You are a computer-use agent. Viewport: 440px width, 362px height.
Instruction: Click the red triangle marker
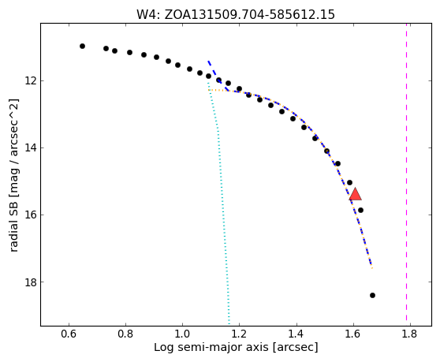[356, 194]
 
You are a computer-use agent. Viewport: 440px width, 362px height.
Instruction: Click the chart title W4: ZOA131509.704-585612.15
[236, 14]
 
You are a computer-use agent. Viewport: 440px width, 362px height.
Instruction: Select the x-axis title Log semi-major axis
[211, 347]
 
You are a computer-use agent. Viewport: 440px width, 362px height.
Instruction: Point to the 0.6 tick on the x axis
[69, 334]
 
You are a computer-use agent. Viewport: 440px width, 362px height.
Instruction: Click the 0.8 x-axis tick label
[125, 334]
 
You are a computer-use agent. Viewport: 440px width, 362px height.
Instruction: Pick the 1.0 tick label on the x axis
[182, 334]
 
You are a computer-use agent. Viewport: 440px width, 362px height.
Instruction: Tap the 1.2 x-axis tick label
[240, 334]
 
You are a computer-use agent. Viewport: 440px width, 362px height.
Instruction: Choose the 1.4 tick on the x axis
[296, 334]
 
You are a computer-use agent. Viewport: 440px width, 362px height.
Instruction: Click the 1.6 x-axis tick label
[353, 334]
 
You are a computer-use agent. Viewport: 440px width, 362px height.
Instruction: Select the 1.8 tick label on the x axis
[410, 334]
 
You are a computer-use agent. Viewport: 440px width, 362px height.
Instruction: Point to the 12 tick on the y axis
[31, 80]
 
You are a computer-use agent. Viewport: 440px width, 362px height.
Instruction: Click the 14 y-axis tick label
[31, 148]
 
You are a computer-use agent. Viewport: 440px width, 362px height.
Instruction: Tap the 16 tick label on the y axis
[31, 215]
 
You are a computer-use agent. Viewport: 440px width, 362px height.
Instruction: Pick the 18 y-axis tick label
[31, 282]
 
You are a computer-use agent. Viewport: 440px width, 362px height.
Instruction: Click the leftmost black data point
[82, 46]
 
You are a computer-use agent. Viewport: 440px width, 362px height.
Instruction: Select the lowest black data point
[372, 295]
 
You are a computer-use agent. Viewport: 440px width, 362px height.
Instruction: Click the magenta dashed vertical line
[406, 174]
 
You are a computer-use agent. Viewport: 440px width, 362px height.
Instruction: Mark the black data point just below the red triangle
[360, 211]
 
